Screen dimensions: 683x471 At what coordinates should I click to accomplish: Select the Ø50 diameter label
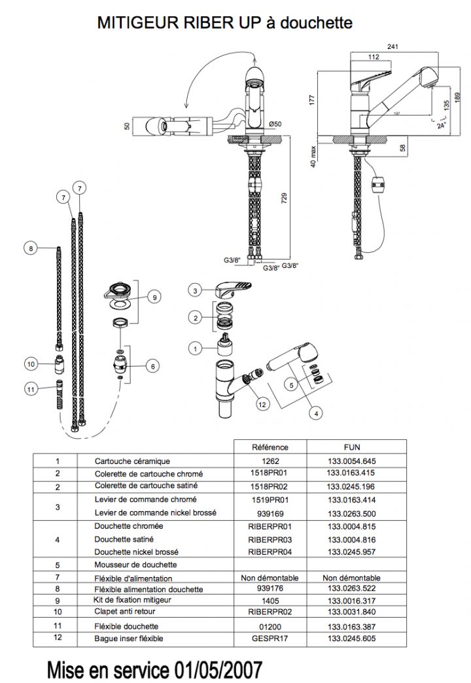[x=275, y=124]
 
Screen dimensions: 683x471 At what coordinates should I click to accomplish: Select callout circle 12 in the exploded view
[x=262, y=405]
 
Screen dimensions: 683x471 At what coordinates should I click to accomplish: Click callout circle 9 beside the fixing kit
[x=154, y=297]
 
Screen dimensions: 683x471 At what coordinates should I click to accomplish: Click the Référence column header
[x=270, y=447]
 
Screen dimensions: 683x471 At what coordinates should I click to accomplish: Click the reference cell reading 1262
[x=270, y=460]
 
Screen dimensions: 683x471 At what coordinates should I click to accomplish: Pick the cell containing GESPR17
[x=270, y=638]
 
